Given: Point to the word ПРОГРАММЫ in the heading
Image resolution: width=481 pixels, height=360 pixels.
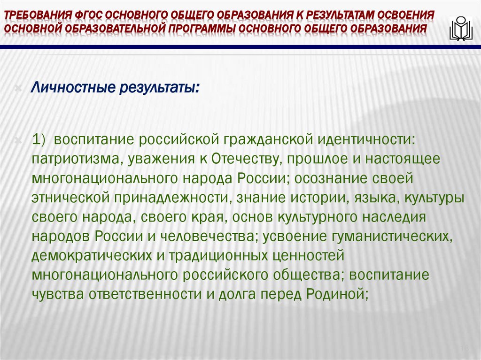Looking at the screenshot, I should [201, 30].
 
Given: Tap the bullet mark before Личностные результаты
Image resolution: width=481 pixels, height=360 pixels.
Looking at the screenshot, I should [18, 89].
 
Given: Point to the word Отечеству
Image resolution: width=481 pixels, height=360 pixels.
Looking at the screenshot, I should [245, 159].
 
